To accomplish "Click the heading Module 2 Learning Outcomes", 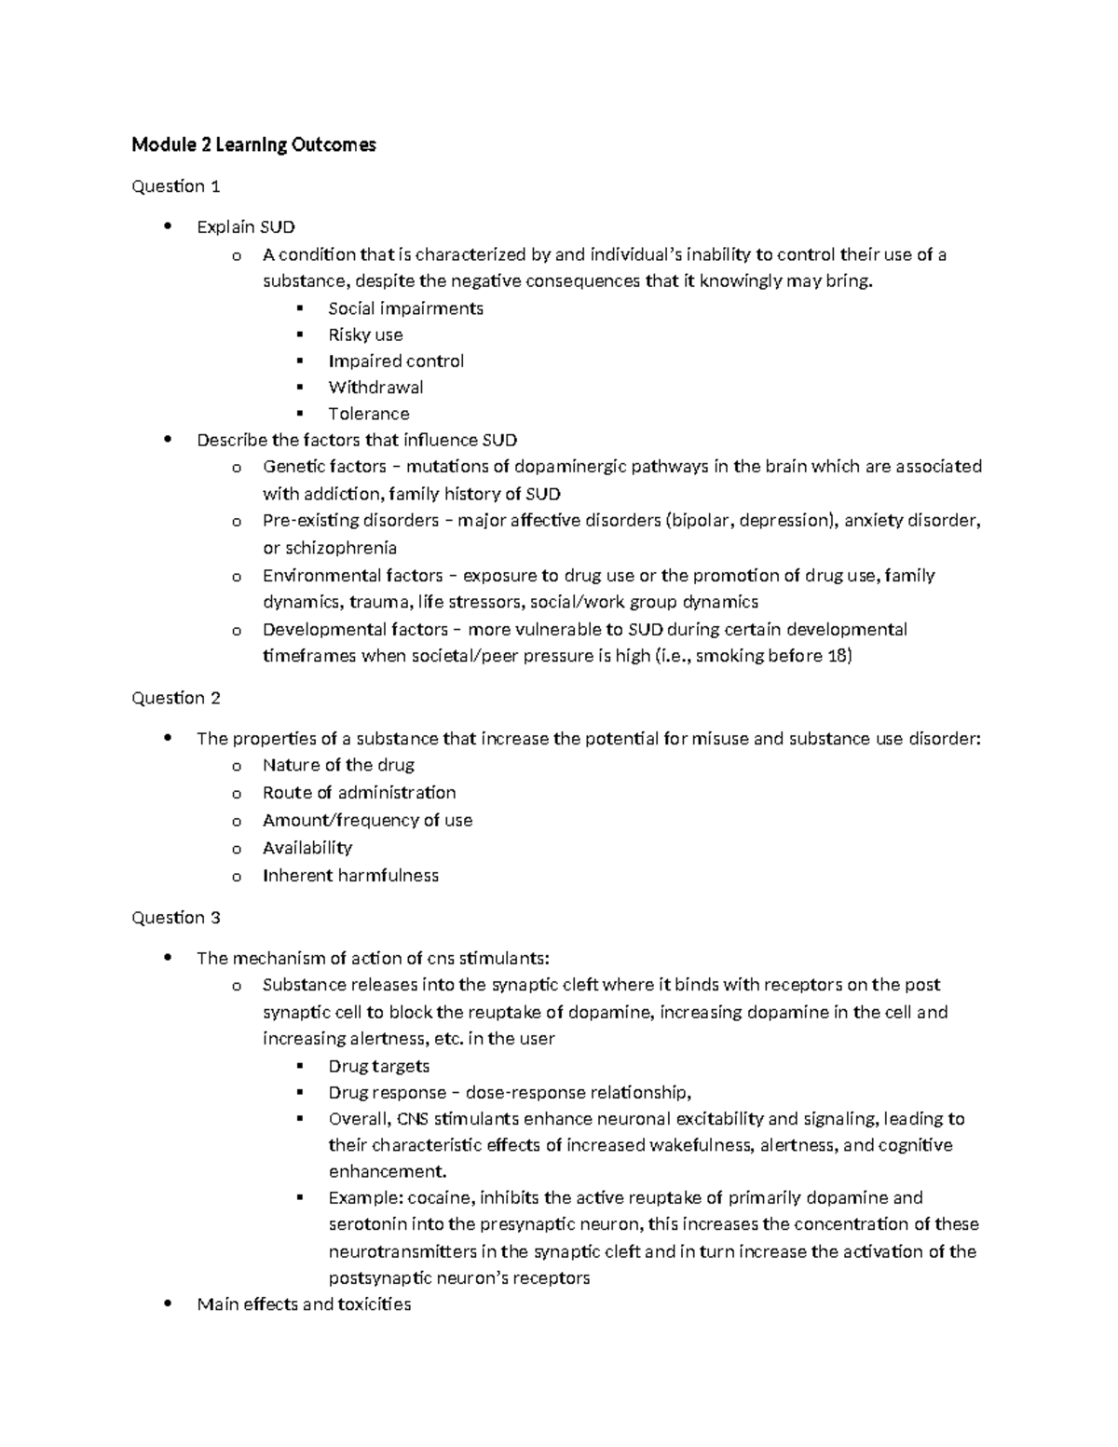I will point(253,144).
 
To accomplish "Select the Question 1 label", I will point(176,186).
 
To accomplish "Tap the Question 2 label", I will point(176,698).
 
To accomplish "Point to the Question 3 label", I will point(176,918).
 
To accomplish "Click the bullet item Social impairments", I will point(405,308).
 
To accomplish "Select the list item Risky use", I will point(365,334).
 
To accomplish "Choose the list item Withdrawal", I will point(375,387).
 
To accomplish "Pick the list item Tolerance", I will point(368,414).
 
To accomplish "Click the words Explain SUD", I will point(246,226).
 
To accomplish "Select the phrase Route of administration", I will point(359,793).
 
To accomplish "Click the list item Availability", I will point(307,848).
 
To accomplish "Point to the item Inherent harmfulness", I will point(350,876).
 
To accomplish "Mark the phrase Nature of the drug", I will point(338,765).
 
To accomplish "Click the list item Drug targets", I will point(378,1066).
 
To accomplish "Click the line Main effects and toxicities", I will point(304,1304).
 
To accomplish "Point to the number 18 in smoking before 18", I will point(838,656).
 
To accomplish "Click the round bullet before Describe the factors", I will point(168,440).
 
